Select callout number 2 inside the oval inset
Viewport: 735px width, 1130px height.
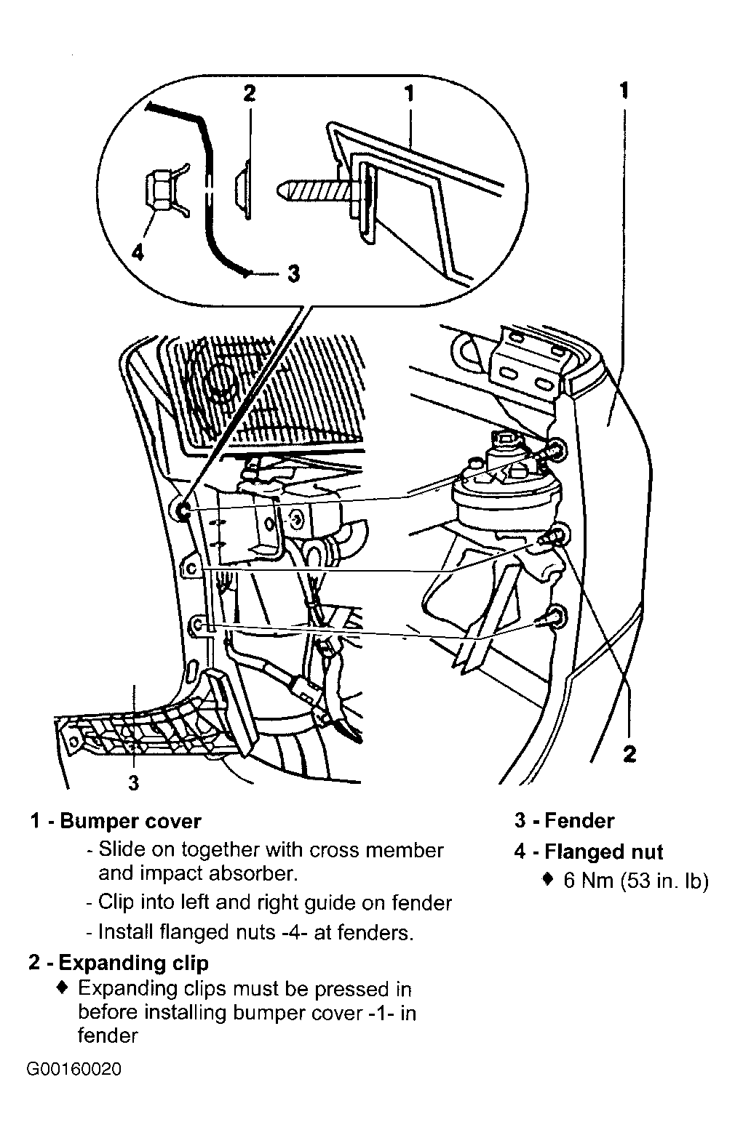click(x=249, y=94)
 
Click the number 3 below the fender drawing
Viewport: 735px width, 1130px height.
click(x=133, y=782)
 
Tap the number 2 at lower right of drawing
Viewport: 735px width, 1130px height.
click(x=629, y=753)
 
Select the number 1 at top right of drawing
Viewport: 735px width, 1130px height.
click(x=624, y=90)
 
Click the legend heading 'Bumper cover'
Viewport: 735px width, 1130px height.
click(x=130, y=822)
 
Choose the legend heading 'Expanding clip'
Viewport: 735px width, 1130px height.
click(x=133, y=963)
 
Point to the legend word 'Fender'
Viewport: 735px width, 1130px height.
click(x=579, y=822)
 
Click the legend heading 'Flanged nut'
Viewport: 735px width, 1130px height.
click(x=603, y=851)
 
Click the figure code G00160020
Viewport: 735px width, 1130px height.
click(x=73, y=1071)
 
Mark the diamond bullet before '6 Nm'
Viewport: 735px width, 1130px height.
click(x=549, y=881)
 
